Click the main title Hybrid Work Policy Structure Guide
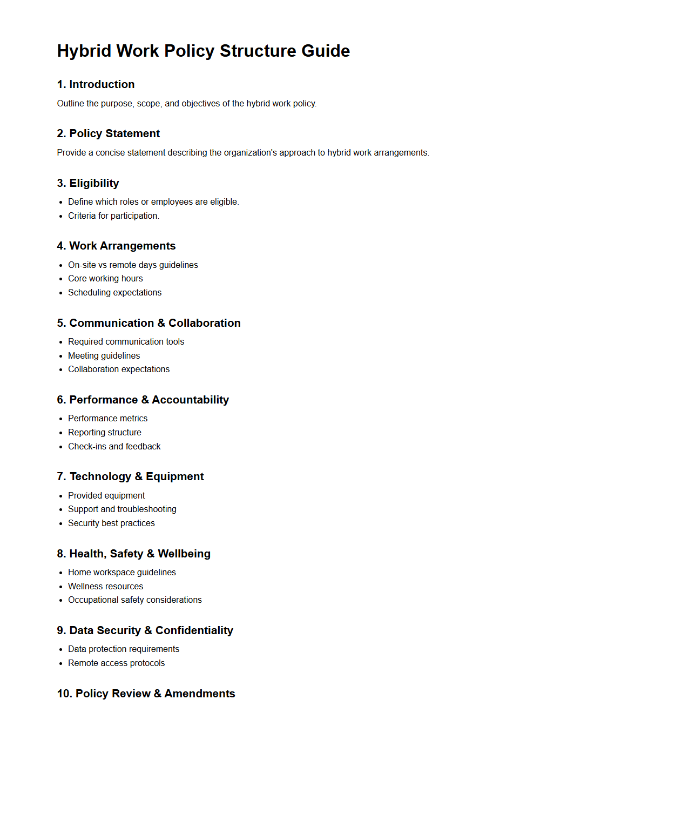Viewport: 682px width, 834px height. [x=203, y=51]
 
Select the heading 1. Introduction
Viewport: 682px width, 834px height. [x=96, y=84]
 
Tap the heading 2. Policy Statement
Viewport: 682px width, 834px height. [x=108, y=133]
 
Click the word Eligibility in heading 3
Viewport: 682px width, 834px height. [x=94, y=183]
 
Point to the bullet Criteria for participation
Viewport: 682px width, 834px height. [x=113, y=216]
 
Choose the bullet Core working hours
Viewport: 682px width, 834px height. [x=105, y=278]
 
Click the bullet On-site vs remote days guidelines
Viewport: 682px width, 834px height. [x=133, y=265]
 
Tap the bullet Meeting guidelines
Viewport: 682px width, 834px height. [x=104, y=355]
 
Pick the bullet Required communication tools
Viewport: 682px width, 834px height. [x=126, y=341]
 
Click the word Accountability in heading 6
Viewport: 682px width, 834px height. [x=190, y=400]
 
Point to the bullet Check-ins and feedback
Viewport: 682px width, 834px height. [x=114, y=446]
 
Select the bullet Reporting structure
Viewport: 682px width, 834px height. [x=104, y=432]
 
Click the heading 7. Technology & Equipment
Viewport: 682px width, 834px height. [x=130, y=476]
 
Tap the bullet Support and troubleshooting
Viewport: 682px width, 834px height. [x=122, y=509]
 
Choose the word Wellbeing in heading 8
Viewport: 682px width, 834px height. [x=184, y=554]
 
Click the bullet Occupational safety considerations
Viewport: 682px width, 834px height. [x=134, y=600]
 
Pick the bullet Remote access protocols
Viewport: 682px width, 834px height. [x=116, y=663]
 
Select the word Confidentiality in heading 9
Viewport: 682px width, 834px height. [x=194, y=630]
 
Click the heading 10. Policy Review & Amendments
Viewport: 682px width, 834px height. [x=146, y=694]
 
